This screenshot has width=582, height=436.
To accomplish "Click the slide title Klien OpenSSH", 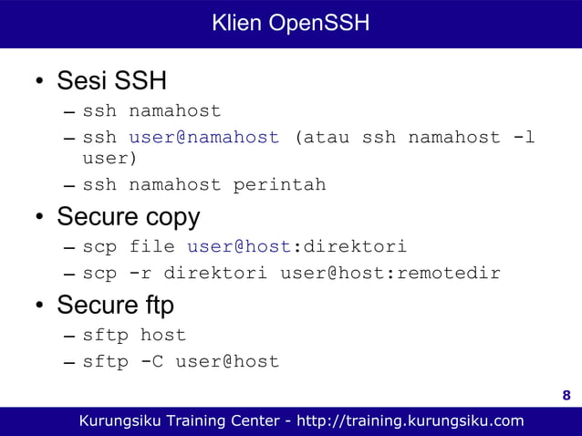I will [290, 23].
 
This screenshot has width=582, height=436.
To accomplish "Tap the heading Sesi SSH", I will [111, 81].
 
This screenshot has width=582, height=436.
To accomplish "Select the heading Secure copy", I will [128, 218].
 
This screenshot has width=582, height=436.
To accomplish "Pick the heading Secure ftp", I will [115, 304].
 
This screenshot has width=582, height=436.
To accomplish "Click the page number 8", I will [566, 395].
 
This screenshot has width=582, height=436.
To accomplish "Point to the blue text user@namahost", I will [203, 138].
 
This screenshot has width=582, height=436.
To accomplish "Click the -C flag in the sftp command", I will [151, 361].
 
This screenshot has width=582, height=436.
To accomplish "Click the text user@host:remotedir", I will [390, 273].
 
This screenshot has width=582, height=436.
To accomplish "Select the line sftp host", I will [134, 335].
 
